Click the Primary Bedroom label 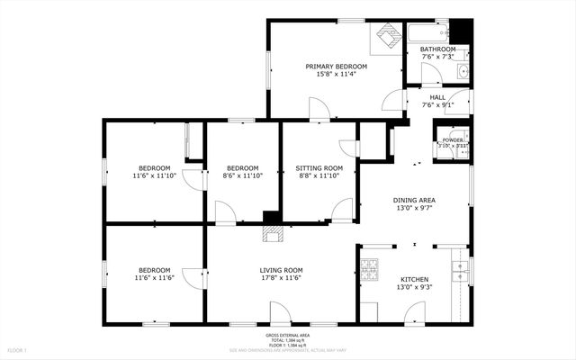pyautogui.click(x=336, y=67)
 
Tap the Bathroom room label pyautogui.click(x=438, y=49)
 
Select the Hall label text pyautogui.click(x=437, y=97)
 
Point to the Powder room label pyautogui.click(x=453, y=140)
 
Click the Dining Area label pyautogui.click(x=414, y=200)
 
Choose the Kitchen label pyautogui.click(x=414, y=279)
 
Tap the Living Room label pyautogui.click(x=281, y=271)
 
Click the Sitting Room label pyautogui.click(x=319, y=168)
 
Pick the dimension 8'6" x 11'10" pyautogui.click(x=243, y=176)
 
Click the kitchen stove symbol pyautogui.click(x=369, y=269)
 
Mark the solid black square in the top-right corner pyautogui.click(x=460, y=30)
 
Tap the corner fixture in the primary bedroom pyautogui.click(x=388, y=36)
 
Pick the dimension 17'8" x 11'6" pyautogui.click(x=281, y=279)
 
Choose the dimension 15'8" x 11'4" pyautogui.click(x=336, y=75)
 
